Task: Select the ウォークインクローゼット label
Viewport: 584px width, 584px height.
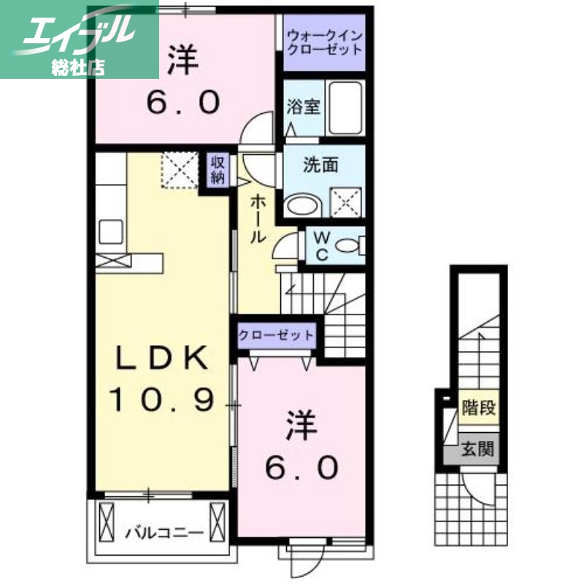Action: [x=324, y=42]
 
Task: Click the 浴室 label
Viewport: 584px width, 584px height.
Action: [x=303, y=107]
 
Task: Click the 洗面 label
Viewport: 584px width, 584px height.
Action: [x=320, y=165]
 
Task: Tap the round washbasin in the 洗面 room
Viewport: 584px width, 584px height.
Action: [x=302, y=204]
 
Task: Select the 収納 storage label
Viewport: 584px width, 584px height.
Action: [x=218, y=169]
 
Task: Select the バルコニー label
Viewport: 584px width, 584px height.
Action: [x=162, y=531]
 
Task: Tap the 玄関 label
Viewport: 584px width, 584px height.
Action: [x=478, y=448]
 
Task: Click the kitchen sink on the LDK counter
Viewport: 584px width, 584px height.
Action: [x=112, y=232]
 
